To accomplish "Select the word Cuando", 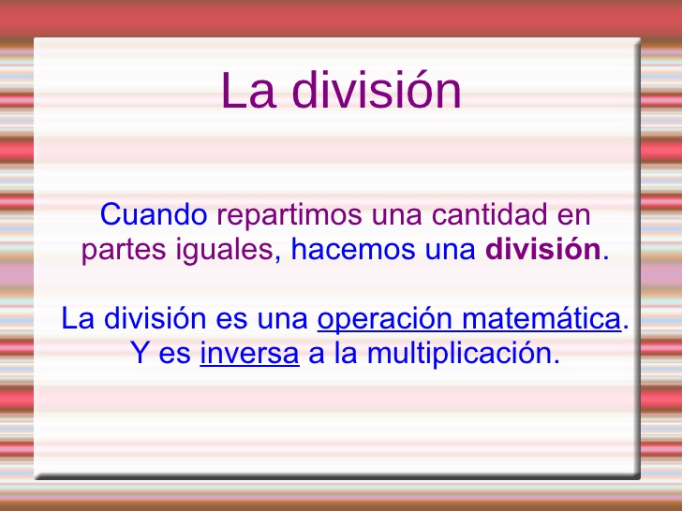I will pos(154,215).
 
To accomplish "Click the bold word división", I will pos(543,251).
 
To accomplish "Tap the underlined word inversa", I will pos(249,355).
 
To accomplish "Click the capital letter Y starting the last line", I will pos(138,355).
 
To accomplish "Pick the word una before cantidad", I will pos(397,215).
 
